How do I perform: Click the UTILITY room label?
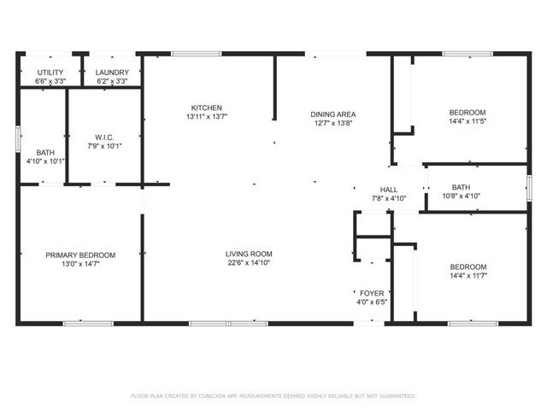click(x=50, y=73)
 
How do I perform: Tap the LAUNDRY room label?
click(x=112, y=73)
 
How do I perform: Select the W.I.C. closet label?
click(x=104, y=137)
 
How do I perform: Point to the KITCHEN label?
click(x=207, y=108)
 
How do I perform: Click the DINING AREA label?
click(x=332, y=114)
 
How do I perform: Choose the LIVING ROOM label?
click(x=249, y=254)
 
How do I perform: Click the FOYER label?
click(x=371, y=293)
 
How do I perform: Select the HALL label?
click(x=389, y=190)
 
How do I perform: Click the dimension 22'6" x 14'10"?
click(x=249, y=263)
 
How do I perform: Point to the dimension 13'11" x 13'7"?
click(x=207, y=116)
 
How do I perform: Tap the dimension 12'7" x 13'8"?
click(x=332, y=123)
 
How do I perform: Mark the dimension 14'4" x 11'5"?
click(x=468, y=121)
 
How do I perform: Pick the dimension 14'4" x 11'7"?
click(x=468, y=276)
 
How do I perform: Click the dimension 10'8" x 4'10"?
click(x=461, y=196)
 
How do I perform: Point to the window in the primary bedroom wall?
click(x=87, y=323)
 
